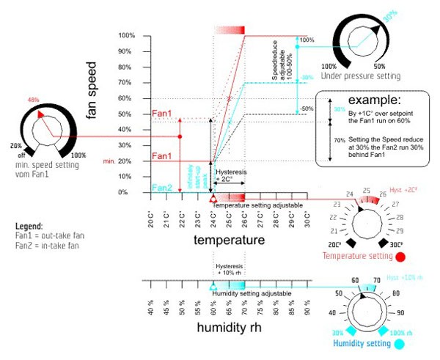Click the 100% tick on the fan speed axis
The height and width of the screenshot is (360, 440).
point(125,36)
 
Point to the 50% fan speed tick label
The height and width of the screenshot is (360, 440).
point(127,114)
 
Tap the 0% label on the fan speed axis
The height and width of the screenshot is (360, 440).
point(128,192)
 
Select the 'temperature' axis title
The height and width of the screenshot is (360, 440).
point(228,240)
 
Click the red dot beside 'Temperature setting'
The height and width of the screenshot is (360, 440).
point(400,257)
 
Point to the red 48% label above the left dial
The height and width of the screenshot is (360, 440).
point(33,100)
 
